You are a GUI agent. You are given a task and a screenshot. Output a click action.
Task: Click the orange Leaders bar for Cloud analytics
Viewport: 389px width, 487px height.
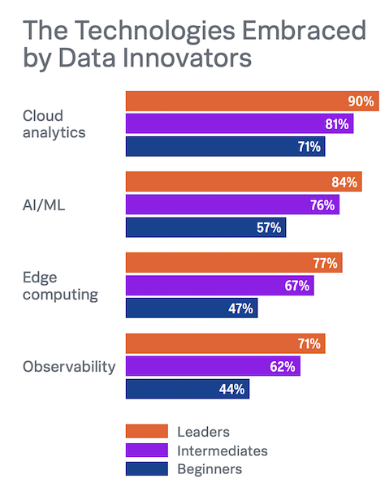(253, 101)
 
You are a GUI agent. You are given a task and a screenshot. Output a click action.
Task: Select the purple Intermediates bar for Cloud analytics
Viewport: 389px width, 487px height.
(240, 123)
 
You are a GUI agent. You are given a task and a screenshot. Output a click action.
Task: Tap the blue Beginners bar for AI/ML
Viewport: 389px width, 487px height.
(205, 227)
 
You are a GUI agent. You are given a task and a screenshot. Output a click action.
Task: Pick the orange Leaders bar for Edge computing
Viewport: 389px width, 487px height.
(234, 262)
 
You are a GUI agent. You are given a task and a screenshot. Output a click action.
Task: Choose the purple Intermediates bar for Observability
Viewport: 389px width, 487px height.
(213, 366)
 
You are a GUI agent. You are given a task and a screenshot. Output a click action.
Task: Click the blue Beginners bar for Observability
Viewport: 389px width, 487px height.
(188, 389)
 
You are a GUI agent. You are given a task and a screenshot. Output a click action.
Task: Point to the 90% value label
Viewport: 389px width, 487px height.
(361, 101)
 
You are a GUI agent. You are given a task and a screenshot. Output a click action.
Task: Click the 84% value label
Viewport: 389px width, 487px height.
(344, 182)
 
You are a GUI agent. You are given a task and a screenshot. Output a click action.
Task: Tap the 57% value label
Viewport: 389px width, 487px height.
(269, 227)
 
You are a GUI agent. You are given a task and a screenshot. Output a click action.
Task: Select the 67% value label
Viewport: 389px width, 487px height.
(296, 286)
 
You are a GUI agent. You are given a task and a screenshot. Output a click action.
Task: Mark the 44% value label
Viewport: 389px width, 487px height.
(231, 389)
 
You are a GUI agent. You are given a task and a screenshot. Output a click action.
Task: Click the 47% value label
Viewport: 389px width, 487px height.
(240, 308)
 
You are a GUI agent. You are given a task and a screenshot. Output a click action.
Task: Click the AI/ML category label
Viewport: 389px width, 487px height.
(44, 205)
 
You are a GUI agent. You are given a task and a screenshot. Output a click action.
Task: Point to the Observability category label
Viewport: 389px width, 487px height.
(69, 367)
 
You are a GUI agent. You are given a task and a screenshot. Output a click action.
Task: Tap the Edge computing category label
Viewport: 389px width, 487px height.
(60, 287)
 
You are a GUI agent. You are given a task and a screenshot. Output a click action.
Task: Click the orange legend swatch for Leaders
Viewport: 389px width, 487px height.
(147, 431)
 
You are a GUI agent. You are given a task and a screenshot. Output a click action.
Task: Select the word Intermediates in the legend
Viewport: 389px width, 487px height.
(223, 450)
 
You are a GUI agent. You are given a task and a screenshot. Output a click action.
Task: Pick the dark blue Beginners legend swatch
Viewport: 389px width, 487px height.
(147, 468)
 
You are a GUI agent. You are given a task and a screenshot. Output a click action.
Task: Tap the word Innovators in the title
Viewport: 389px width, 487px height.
(188, 58)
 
